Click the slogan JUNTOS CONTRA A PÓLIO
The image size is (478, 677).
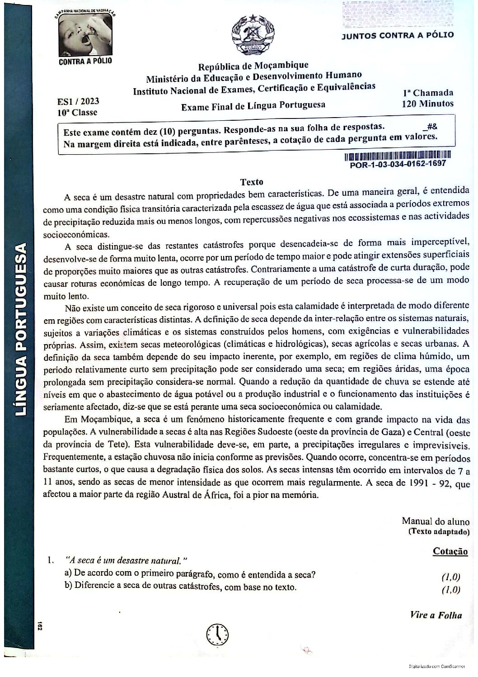pos(397,35)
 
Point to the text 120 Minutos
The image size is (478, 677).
pos(427,104)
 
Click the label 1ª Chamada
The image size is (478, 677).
pos(428,93)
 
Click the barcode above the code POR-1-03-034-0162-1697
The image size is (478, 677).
pos(398,157)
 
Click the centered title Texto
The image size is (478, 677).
pos(251,182)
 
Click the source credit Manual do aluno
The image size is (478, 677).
pos(435,521)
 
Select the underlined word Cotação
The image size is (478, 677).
pos(450,551)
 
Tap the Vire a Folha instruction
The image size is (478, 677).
pos(436,615)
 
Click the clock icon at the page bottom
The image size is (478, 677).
pos(218,634)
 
